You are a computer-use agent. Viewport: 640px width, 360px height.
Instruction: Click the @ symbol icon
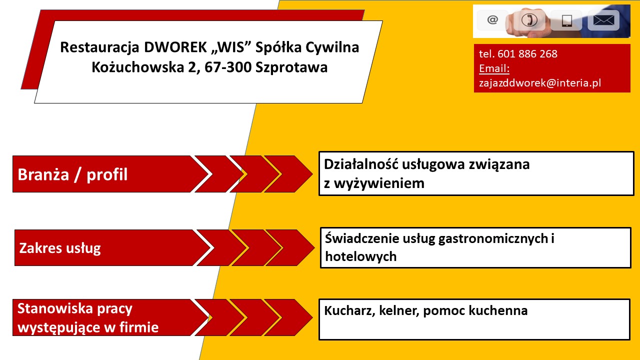492,19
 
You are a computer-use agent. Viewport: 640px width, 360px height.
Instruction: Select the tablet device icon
567,21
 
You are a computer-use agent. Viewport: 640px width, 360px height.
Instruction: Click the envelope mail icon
603,20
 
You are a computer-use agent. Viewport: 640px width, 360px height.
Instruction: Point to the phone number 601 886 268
527,53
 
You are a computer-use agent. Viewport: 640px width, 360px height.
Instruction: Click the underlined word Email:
494,68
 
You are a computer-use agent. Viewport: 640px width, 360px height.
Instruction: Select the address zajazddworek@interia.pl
540,83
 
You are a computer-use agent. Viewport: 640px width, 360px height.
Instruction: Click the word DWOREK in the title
175,47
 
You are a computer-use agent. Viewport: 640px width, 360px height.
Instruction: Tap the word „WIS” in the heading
231,47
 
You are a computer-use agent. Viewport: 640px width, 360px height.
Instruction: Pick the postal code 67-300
227,67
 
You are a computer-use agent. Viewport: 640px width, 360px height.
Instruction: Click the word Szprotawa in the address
291,67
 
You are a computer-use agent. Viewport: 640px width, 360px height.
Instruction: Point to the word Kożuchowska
137,67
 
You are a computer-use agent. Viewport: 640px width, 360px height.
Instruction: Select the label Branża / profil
72,174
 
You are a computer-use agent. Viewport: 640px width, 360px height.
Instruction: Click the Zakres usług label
60,248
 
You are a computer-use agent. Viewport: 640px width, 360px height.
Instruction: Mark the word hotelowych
361,256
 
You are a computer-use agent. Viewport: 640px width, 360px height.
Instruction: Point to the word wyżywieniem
379,183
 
